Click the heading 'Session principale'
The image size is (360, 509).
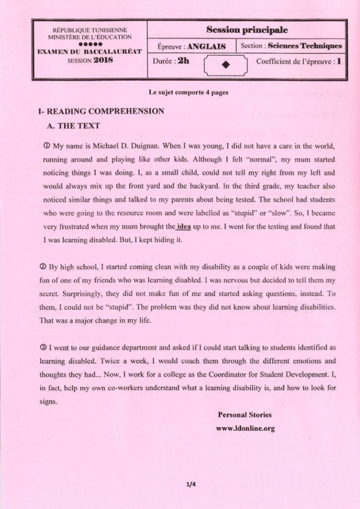pyautogui.click(x=247, y=29)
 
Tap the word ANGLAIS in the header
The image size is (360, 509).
pyautogui.click(x=207, y=47)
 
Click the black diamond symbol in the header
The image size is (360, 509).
pyautogui.click(x=226, y=65)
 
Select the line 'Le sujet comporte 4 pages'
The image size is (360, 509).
pyautogui.click(x=188, y=92)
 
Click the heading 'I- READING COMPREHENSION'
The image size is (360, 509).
pyautogui.click(x=101, y=111)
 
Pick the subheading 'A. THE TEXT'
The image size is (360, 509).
pyautogui.click(x=73, y=126)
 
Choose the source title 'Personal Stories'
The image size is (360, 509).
pyautogui.click(x=245, y=415)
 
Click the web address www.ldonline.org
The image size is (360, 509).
pyautogui.click(x=245, y=428)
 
